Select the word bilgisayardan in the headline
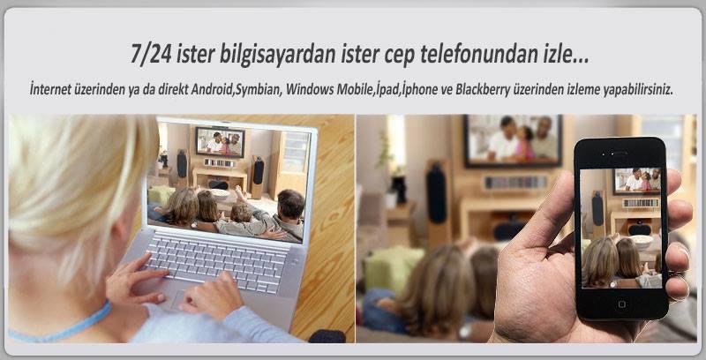pyautogui.click(x=278, y=55)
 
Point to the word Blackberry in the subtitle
pyautogui.click(x=483, y=89)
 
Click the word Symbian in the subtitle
pyautogui.click(x=260, y=89)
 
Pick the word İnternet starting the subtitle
pyautogui.click(x=50, y=89)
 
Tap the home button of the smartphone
pyautogui.click(x=622, y=304)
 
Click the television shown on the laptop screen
pyautogui.click(x=220, y=142)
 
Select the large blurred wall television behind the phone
pyautogui.click(x=513, y=140)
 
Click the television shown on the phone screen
pyautogui.click(x=636, y=181)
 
